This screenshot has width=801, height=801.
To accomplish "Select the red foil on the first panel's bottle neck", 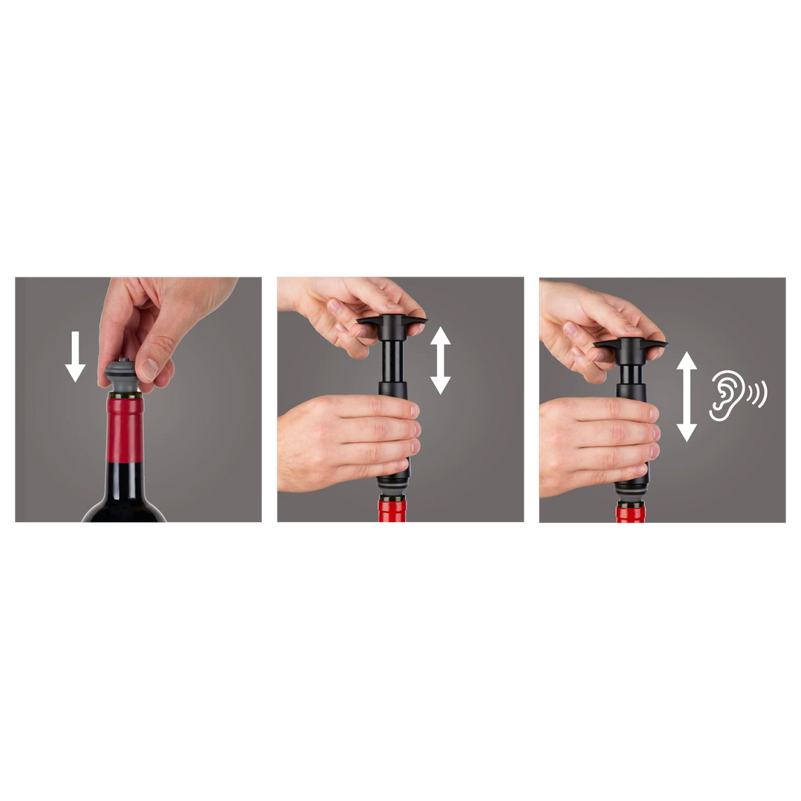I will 125,430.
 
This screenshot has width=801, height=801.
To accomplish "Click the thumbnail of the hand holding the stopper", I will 151,369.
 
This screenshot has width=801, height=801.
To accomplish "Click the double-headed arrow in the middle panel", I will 441,360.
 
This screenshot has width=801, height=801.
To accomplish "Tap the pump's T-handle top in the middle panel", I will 392,321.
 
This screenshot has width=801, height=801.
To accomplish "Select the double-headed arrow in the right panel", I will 687,396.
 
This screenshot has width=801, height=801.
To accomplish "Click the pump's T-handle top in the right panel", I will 630,344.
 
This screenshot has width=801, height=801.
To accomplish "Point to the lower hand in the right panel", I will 593,445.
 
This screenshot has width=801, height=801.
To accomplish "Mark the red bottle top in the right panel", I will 630,514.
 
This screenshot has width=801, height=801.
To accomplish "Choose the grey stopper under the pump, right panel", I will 630,495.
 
